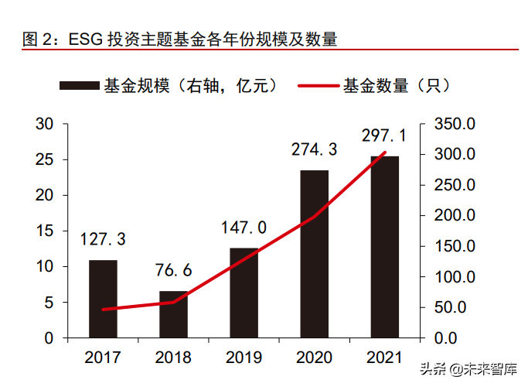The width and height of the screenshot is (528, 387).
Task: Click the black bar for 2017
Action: coord(103,299)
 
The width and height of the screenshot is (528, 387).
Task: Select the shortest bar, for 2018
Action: coord(173,314)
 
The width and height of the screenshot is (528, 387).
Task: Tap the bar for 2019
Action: coord(244,293)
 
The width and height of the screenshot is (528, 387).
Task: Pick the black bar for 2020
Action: coord(314,254)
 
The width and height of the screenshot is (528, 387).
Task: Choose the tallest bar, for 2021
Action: coord(384,247)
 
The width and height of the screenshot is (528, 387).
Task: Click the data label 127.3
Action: coord(104,239)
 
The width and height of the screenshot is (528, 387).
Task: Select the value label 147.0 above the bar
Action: coord(244,227)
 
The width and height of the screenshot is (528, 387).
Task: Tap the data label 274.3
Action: coord(314,149)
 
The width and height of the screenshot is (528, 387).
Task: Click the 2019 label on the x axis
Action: coord(244,358)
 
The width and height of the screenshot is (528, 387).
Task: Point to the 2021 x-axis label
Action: coord(384,358)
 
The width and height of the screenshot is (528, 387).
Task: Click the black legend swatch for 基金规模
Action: coord(79,85)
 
